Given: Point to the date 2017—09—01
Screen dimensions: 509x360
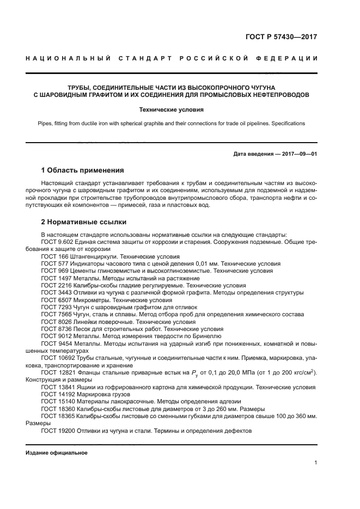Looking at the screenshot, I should [298, 154].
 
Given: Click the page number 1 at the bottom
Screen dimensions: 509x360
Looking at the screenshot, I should [315, 463].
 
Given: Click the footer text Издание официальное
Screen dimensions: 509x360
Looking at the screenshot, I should [57, 453].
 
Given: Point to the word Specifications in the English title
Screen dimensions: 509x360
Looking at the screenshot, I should [289, 124].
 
